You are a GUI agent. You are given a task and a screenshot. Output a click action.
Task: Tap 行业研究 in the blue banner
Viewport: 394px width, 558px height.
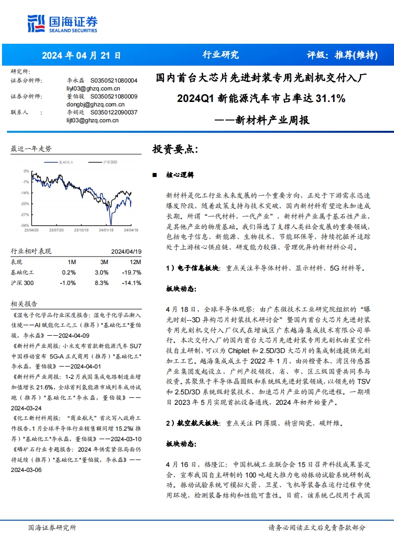pos(221,55)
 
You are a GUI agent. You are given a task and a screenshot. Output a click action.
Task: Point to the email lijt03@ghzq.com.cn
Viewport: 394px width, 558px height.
pos(89,120)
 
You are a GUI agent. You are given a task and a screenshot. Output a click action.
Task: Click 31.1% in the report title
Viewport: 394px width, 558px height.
pos(330,98)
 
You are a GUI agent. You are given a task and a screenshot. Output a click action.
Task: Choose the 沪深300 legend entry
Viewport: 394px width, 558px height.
pos(110,162)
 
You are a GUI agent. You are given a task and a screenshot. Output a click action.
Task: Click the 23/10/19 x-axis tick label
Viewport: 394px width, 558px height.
pos(80,230)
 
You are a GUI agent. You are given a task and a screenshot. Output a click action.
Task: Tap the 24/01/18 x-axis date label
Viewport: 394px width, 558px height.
pos(106,230)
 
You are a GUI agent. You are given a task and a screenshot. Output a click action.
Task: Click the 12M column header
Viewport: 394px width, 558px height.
pos(135,262)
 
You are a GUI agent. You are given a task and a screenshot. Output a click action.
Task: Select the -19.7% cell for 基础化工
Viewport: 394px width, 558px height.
pos(132,272)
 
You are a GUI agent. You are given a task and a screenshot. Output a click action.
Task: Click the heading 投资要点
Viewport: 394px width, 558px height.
pos(174,149)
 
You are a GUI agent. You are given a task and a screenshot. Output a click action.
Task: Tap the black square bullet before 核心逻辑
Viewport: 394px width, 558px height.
pos(155,176)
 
